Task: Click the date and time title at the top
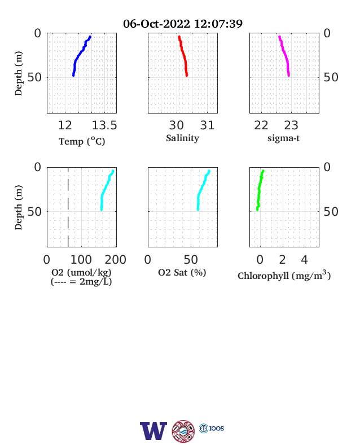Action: click(183, 24)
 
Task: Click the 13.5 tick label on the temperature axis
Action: click(104, 125)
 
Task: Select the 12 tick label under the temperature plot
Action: click(65, 125)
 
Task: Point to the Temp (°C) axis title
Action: click(82, 141)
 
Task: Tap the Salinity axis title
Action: click(182, 138)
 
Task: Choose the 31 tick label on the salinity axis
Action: click(207, 125)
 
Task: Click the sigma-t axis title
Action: click(283, 138)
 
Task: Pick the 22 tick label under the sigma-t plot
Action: click(261, 125)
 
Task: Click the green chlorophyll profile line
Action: click(259, 191)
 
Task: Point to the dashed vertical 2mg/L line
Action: click(68, 207)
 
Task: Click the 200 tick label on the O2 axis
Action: click(115, 260)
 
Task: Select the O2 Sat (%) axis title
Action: click(182, 272)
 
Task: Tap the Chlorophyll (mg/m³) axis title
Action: click(284, 275)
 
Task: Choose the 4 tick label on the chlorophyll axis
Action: click(304, 260)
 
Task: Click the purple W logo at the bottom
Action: click(153, 431)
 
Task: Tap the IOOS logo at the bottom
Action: click(212, 428)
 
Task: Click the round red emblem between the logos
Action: click(183, 431)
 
